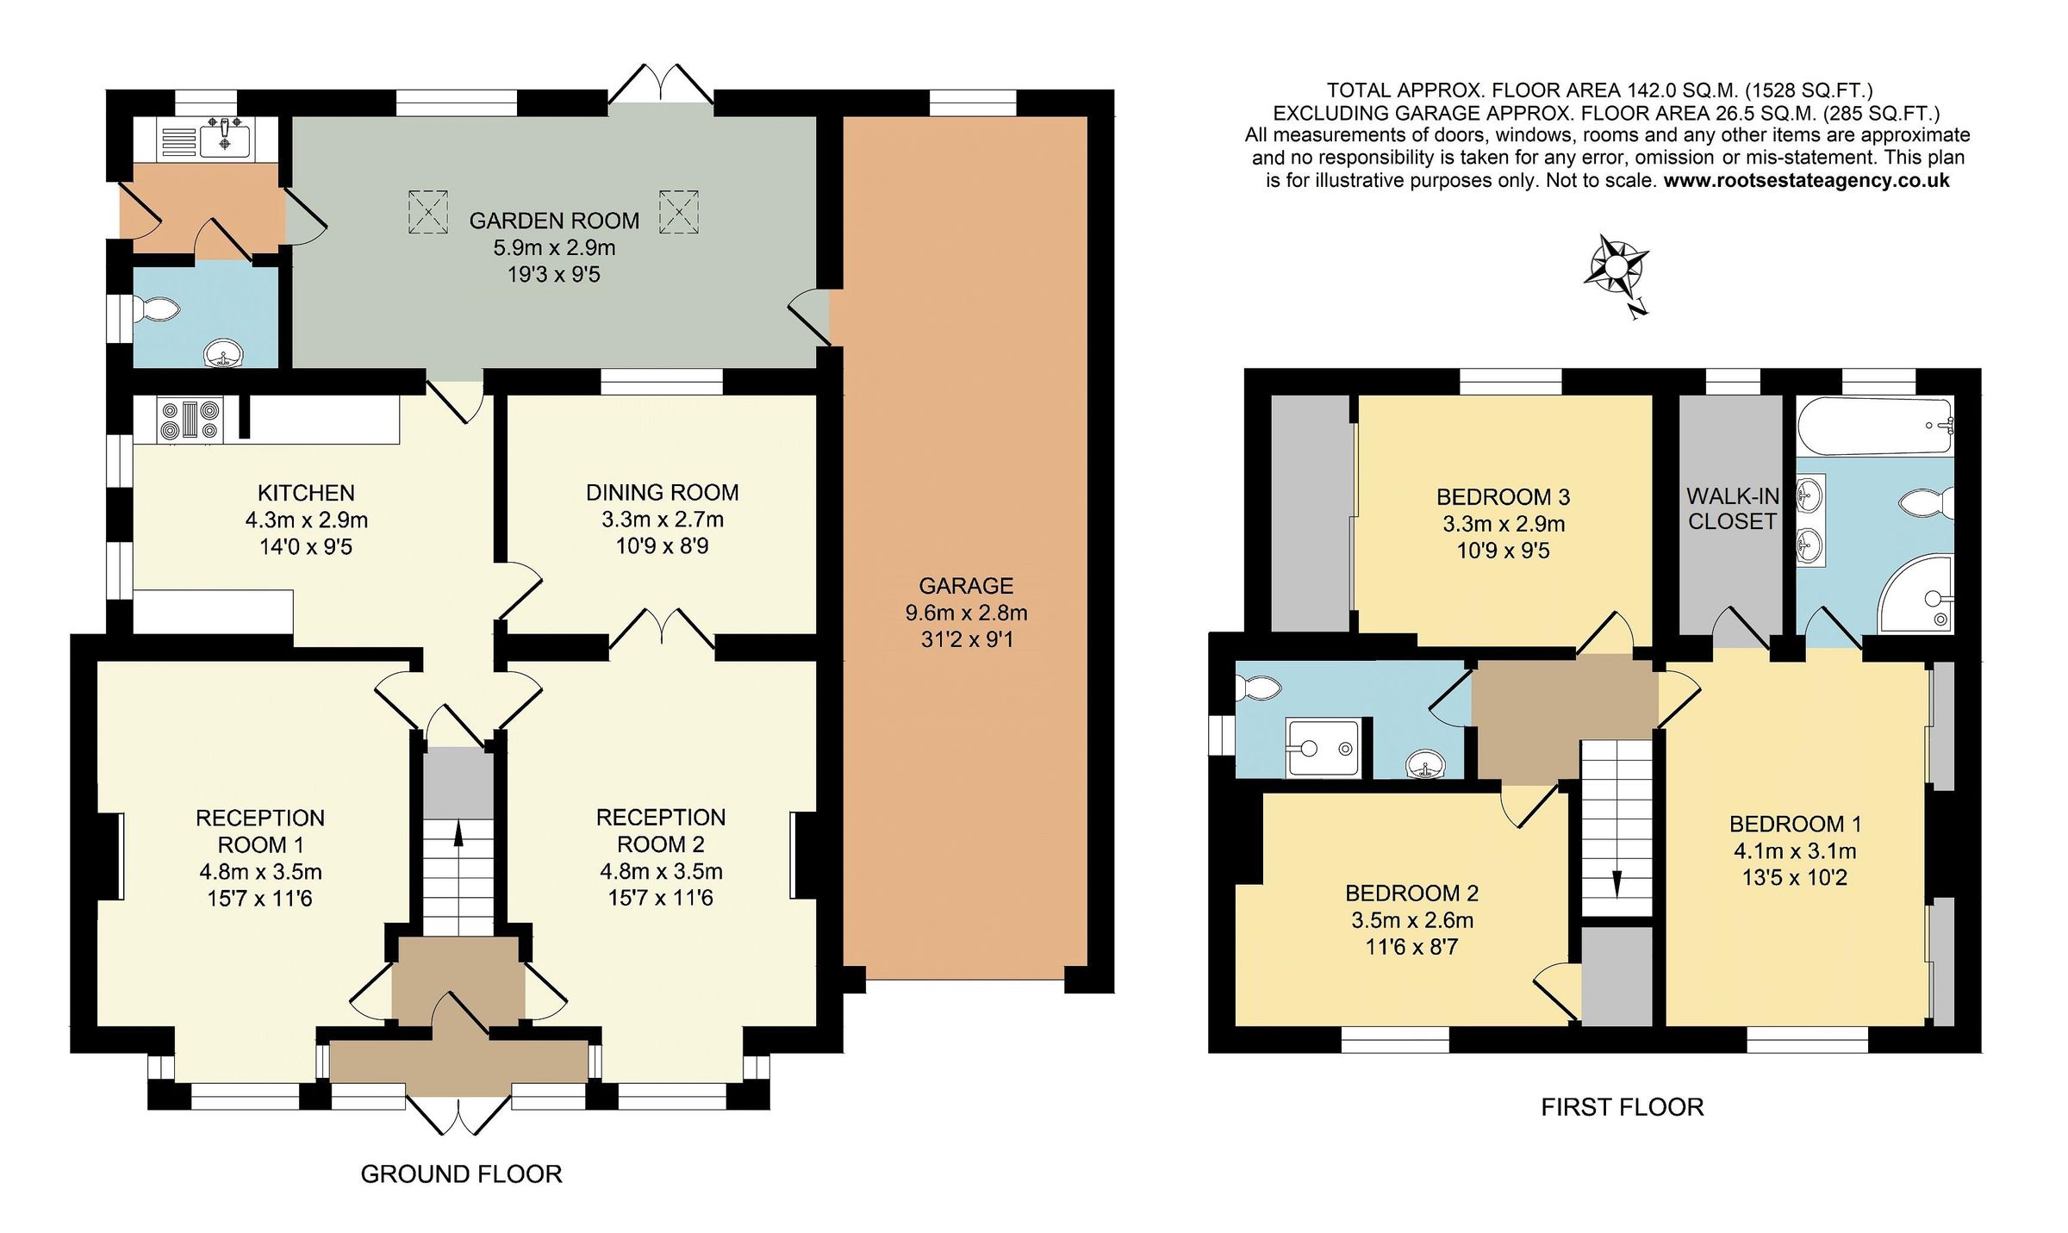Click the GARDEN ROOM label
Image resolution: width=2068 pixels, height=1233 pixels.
pos(554,221)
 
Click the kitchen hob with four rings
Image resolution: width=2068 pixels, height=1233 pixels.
pos(190,421)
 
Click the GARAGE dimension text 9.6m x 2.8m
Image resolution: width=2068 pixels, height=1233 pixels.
pos(966,613)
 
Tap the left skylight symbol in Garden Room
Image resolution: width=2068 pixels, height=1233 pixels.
pos(428,211)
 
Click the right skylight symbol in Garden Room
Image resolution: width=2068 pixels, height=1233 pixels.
pos(679,211)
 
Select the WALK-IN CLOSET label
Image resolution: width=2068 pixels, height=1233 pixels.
pos(1732,508)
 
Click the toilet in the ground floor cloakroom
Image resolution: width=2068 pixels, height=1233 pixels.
pos(157,309)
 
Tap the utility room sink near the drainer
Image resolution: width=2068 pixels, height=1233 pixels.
pos(225,139)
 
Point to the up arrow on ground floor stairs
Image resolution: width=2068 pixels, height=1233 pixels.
pos(458,833)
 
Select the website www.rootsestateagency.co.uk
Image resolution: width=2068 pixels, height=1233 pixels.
pos(1806,180)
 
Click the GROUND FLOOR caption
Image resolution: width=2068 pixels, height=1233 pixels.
pos(461,1174)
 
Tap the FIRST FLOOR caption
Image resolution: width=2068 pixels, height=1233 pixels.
pos(1622,1107)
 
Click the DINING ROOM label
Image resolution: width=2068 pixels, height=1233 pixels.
pos(662,492)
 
